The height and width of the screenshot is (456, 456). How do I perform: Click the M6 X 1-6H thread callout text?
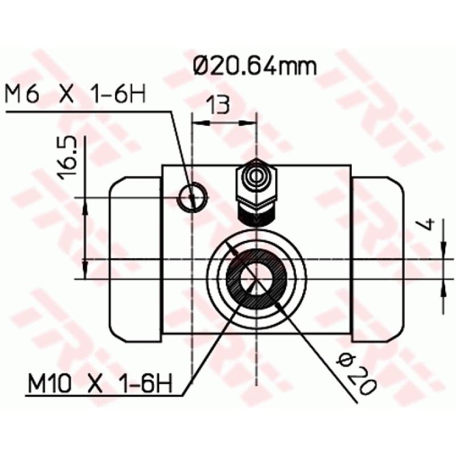pos(75,95)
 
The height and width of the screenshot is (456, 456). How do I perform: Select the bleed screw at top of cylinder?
pos(256,185)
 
